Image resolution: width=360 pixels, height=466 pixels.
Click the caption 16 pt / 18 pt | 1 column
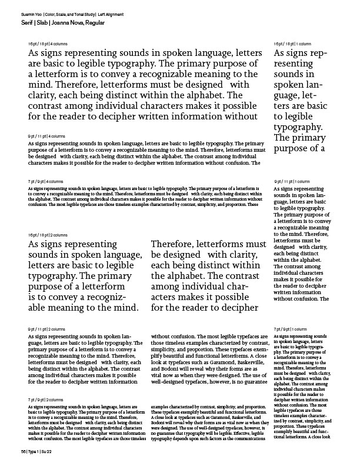292,44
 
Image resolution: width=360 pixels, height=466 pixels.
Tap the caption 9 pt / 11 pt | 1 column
292,181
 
